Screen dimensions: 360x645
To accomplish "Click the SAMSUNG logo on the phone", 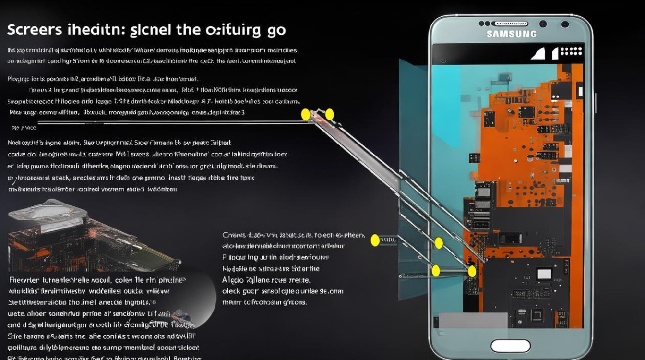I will pos(511,34).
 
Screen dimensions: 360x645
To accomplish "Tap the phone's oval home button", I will pos(511,346).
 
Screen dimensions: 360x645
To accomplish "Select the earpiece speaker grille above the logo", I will pos(510,24).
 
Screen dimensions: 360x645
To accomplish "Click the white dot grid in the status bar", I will pos(571,52).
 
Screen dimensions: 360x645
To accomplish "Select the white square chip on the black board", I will pos(544,274).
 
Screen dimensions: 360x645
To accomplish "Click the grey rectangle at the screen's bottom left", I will pos(473,320).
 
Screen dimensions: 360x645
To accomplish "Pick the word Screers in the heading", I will pos(35,30).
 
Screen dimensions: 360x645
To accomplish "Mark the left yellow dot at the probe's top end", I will pos(305,115).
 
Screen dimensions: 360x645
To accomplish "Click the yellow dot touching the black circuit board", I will pos(472,272).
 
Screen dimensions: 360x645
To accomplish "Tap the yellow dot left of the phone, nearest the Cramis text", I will pos(375,239).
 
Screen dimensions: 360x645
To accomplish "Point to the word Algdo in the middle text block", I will pos(233,280).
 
